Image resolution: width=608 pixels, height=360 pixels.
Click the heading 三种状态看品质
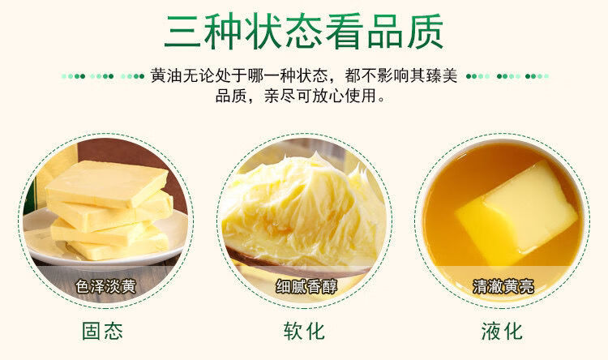click(304, 30)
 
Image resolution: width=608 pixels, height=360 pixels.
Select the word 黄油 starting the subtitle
click(160, 76)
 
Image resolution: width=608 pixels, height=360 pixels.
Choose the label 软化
click(304, 331)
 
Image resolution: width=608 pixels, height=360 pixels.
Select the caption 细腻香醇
click(304, 286)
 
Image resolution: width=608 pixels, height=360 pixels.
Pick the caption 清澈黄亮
click(503, 286)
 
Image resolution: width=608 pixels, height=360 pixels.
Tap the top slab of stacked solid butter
click(105, 182)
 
